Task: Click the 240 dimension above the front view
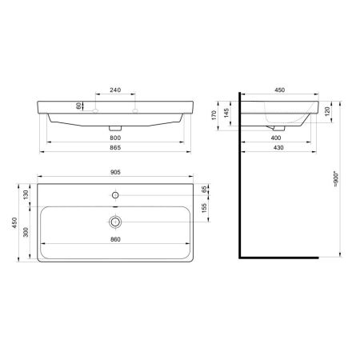click(115, 90)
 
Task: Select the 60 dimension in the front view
click(78, 106)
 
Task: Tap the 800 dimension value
click(115, 137)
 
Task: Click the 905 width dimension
click(115, 170)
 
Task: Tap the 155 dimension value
click(206, 210)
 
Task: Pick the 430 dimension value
click(279, 149)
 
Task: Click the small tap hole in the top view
click(116, 194)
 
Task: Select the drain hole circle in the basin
click(116, 222)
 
